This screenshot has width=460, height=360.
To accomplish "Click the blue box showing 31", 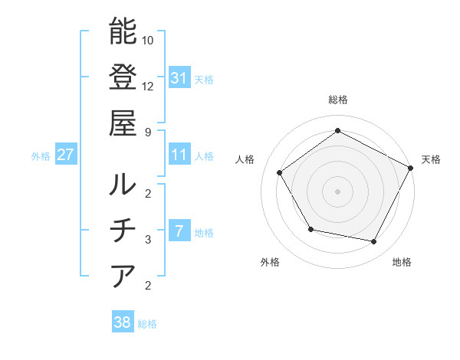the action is [x=179, y=77].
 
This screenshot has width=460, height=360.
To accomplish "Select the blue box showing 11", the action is [x=179, y=155].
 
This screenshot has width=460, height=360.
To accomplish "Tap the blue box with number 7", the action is [x=179, y=231].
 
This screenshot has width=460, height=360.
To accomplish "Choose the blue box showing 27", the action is [x=66, y=155].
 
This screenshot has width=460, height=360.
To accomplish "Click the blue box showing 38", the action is [x=123, y=322].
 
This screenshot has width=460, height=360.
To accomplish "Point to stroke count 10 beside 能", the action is [x=148, y=39].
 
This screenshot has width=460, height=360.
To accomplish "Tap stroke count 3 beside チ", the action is [x=147, y=239].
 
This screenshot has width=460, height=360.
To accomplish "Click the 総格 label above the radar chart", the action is [x=337, y=100].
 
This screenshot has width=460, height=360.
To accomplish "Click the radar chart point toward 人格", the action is [x=280, y=172].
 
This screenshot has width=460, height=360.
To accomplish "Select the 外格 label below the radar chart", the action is [x=270, y=263].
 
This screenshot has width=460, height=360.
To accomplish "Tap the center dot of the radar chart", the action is [x=337, y=191].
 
